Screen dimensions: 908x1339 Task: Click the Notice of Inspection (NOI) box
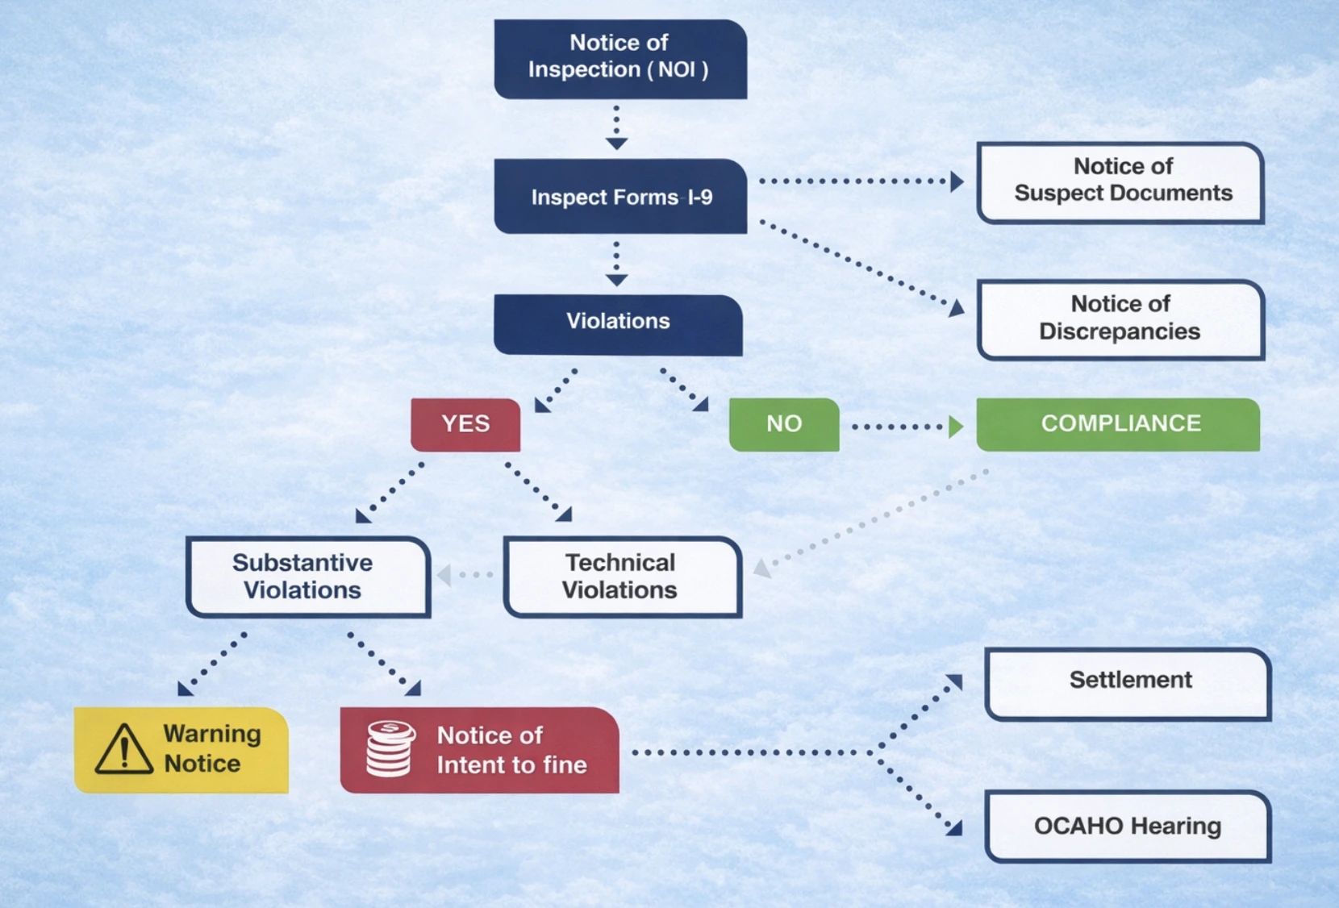619,59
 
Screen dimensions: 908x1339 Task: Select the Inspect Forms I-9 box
619,197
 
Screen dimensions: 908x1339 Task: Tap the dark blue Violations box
618,323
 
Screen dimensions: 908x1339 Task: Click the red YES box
465,424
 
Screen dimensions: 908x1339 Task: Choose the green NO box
784,424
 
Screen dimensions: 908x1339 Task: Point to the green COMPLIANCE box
1118,424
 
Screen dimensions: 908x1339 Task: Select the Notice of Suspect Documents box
1120,182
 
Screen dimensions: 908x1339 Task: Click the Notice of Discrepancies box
1120,319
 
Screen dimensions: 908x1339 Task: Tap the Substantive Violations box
307,577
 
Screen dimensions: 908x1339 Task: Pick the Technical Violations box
622,577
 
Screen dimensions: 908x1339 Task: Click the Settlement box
1128,683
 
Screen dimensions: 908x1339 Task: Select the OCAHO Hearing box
1128,827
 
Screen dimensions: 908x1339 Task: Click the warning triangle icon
123,750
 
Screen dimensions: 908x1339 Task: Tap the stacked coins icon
390,749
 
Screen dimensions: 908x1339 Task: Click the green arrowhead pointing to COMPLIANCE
956,427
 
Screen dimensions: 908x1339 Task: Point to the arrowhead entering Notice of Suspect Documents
957,181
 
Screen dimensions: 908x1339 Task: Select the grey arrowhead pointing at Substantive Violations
444,575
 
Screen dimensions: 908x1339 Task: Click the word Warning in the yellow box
211,734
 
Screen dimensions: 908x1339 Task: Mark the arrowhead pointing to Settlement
955,682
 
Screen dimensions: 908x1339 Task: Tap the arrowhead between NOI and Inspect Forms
616,144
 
